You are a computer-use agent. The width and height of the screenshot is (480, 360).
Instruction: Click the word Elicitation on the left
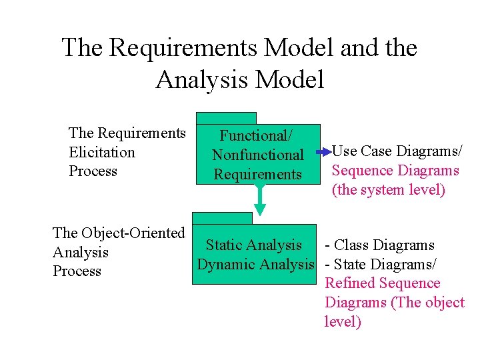pyautogui.click(x=102, y=153)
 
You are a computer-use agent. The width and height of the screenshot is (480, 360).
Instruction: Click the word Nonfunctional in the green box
pyautogui.click(x=258, y=155)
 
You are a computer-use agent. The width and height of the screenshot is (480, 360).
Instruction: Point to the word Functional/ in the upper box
pyautogui.click(x=257, y=136)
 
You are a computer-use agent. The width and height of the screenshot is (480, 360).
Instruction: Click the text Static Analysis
pyautogui.click(x=253, y=246)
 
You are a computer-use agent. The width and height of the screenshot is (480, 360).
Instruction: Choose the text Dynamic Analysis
pyautogui.click(x=255, y=265)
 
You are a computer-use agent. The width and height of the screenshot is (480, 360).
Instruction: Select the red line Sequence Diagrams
pyautogui.click(x=395, y=171)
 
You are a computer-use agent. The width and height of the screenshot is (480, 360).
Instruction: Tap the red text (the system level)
pyautogui.click(x=388, y=190)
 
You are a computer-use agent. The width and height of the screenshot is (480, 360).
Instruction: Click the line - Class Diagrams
pyautogui.click(x=379, y=246)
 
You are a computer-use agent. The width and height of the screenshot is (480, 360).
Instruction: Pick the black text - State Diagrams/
pyautogui.click(x=380, y=265)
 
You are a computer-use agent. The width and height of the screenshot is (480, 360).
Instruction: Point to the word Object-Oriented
pyautogui.click(x=133, y=233)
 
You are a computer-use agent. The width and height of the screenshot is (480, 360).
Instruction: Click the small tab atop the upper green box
pyautogui.click(x=226, y=119)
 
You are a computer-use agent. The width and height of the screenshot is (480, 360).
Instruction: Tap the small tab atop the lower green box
pyautogui.click(x=222, y=218)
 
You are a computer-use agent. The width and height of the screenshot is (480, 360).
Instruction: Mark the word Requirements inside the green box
pyautogui.click(x=258, y=175)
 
